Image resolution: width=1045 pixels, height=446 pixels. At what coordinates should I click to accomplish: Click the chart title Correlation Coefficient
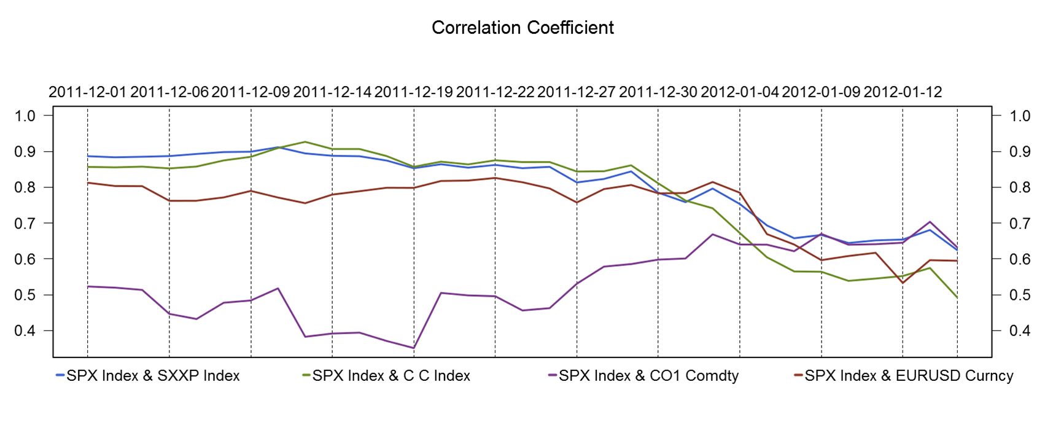[x=522, y=28]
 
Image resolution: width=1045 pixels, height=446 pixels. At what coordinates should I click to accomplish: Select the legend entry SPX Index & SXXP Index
[x=153, y=375]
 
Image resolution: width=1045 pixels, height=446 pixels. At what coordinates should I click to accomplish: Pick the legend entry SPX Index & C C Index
[x=391, y=375]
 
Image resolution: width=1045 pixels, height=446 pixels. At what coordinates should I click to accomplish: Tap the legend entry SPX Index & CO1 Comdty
[x=648, y=375]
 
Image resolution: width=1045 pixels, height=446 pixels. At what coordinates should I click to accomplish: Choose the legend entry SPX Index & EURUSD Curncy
[x=909, y=375]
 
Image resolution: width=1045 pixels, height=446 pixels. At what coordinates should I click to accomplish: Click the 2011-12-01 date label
[x=87, y=92]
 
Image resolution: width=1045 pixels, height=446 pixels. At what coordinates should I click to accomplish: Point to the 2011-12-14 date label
[x=332, y=92]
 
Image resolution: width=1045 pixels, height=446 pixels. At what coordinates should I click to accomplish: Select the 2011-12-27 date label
[x=576, y=92]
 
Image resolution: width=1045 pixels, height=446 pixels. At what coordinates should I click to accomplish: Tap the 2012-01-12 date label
[x=903, y=92]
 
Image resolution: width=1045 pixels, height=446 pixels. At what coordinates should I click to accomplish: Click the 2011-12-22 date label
[x=495, y=92]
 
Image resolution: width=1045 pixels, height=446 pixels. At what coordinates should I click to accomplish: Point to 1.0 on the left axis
[x=26, y=115]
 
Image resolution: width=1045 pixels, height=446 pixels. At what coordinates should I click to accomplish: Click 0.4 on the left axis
[x=26, y=331]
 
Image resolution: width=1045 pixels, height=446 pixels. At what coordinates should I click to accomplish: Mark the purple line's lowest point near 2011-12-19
[x=413, y=348]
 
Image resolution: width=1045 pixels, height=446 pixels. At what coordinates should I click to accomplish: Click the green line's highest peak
[x=305, y=142]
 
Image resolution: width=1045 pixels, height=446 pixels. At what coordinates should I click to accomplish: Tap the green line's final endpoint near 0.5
[x=957, y=298]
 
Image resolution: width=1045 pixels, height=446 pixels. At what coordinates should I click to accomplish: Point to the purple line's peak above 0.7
[x=930, y=222]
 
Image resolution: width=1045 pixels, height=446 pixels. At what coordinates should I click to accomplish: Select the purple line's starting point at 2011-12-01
[x=88, y=286]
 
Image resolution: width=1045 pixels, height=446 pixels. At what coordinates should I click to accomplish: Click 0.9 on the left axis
[x=26, y=152]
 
